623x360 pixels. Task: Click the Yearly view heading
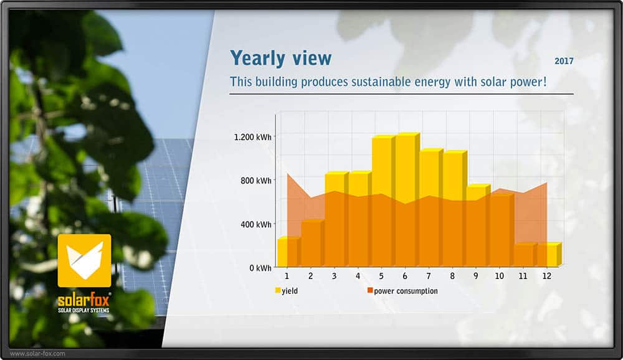point(280,59)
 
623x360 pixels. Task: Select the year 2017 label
point(564,61)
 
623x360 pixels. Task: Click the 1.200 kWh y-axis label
point(253,137)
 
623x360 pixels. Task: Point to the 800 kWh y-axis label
point(256,181)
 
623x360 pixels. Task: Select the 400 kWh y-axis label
point(256,224)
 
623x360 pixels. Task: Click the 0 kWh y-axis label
point(260,268)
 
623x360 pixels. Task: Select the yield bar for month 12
point(549,254)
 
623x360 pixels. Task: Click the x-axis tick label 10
point(500,276)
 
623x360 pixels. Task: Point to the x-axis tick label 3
point(334,276)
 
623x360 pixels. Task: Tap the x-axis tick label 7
point(429,276)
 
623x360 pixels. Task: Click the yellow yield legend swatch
point(278,290)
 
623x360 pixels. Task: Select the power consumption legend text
point(406,291)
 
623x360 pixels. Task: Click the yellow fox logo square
point(84,261)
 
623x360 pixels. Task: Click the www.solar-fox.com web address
point(37,353)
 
